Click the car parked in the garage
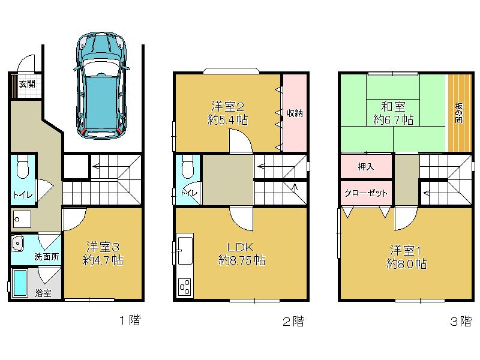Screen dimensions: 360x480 pyautogui.click(x=101, y=84)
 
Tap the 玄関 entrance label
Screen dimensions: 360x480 pyautogui.click(x=26, y=83)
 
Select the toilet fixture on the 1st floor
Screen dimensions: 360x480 pyautogui.click(x=23, y=166)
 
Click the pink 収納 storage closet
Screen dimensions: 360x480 pyautogui.click(x=293, y=113)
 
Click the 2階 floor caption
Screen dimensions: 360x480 pyautogui.click(x=293, y=321)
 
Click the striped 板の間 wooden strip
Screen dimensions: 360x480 pyautogui.click(x=458, y=113)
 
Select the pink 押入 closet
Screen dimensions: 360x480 pyautogui.click(x=366, y=166)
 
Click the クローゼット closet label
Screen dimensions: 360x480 pyautogui.click(x=366, y=193)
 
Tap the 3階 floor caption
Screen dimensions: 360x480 pyautogui.click(x=461, y=321)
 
